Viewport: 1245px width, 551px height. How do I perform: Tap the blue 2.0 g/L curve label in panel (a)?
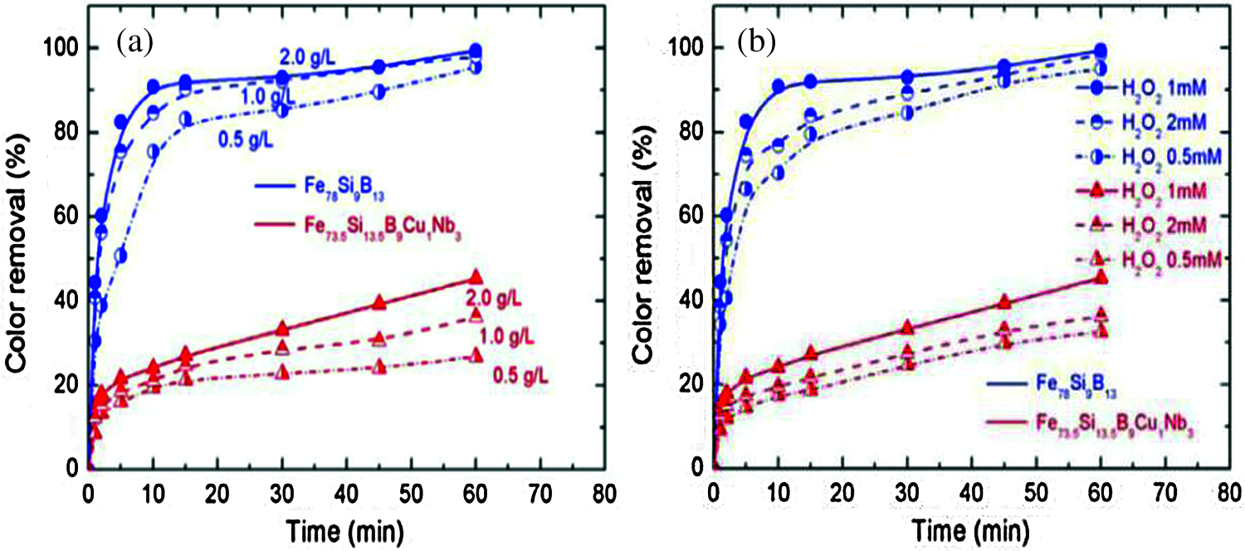(x=307, y=56)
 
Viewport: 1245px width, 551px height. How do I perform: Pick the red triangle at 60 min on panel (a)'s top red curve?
(x=476, y=277)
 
